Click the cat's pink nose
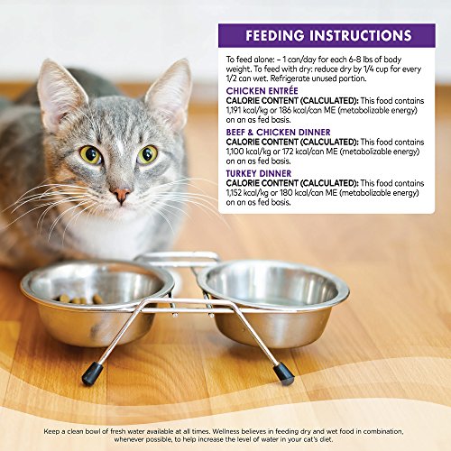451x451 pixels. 121,193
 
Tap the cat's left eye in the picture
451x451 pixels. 90,155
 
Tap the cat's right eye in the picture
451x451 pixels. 147,154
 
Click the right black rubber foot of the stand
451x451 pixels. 283,372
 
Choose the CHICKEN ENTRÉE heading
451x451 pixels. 263,91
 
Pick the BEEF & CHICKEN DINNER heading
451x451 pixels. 281,132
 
